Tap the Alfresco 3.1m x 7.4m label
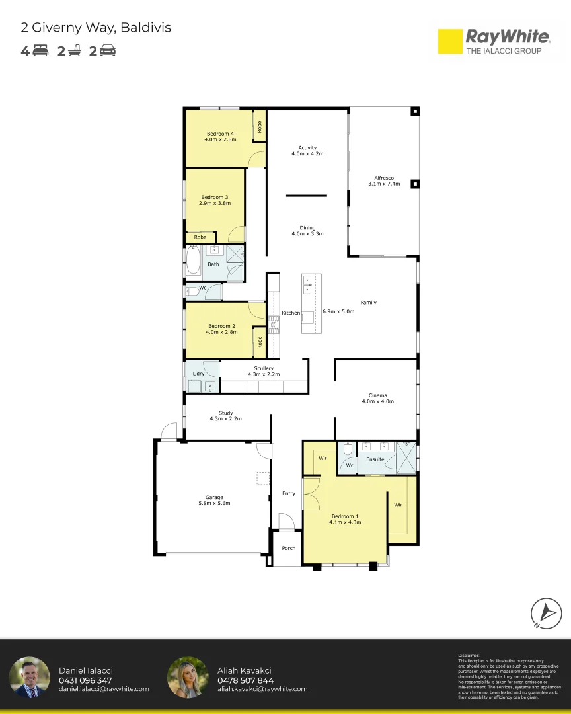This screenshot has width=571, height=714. (384, 180)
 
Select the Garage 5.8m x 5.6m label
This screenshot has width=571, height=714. (214, 500)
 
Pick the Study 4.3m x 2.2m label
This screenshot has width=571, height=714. (225, 416)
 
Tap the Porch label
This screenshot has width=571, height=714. (289, 548)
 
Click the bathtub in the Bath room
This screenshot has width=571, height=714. (193, 260)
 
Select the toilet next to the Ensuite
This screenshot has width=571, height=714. (348, 448)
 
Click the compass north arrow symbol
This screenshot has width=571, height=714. (546, 614)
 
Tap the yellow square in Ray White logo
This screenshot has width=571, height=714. (450, 42)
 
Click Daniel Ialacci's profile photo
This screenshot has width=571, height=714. (30, 678)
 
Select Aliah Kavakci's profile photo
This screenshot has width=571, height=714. (188, 678)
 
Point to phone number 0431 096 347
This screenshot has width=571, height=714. (85, 680)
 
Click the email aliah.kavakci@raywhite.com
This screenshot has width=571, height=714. (262, 689)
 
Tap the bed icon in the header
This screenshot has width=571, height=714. (40, 50)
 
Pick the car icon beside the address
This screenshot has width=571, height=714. (108, 50)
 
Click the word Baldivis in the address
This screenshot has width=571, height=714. (145, 27)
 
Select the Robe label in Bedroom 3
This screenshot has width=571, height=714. (200, 237)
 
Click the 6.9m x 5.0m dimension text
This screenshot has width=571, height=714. (338, 311)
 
